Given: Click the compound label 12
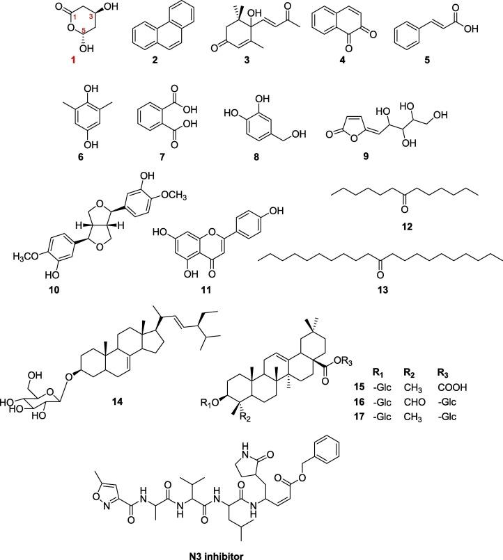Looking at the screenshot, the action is click(x=421, y=217).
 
